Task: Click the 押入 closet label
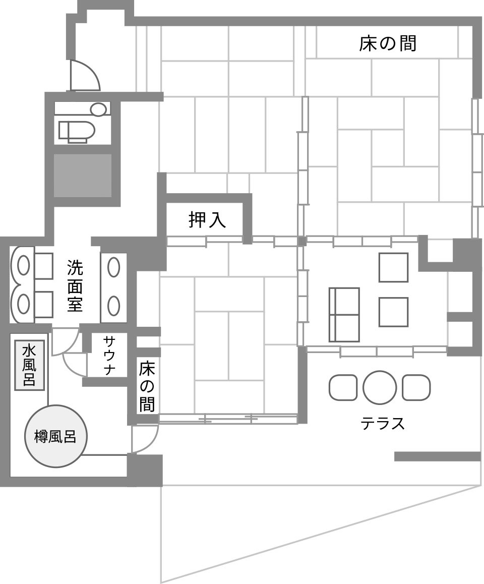(207, 219)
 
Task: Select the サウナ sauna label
(109, 355)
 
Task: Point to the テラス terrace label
(382, 424)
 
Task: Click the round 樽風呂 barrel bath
(55, 437)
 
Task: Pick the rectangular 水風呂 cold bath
(29, 365)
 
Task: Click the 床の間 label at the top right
(387, 43)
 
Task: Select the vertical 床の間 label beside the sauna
(147, 387)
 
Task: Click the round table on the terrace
(379, 387)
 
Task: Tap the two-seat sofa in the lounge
(344, 315)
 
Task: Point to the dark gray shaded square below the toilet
(83, 176)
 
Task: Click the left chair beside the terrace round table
(342, 387)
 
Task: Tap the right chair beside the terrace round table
(416, 387)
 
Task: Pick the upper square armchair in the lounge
(394, 267)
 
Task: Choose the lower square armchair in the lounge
(394, 312)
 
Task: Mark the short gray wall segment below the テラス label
(438, 456)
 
